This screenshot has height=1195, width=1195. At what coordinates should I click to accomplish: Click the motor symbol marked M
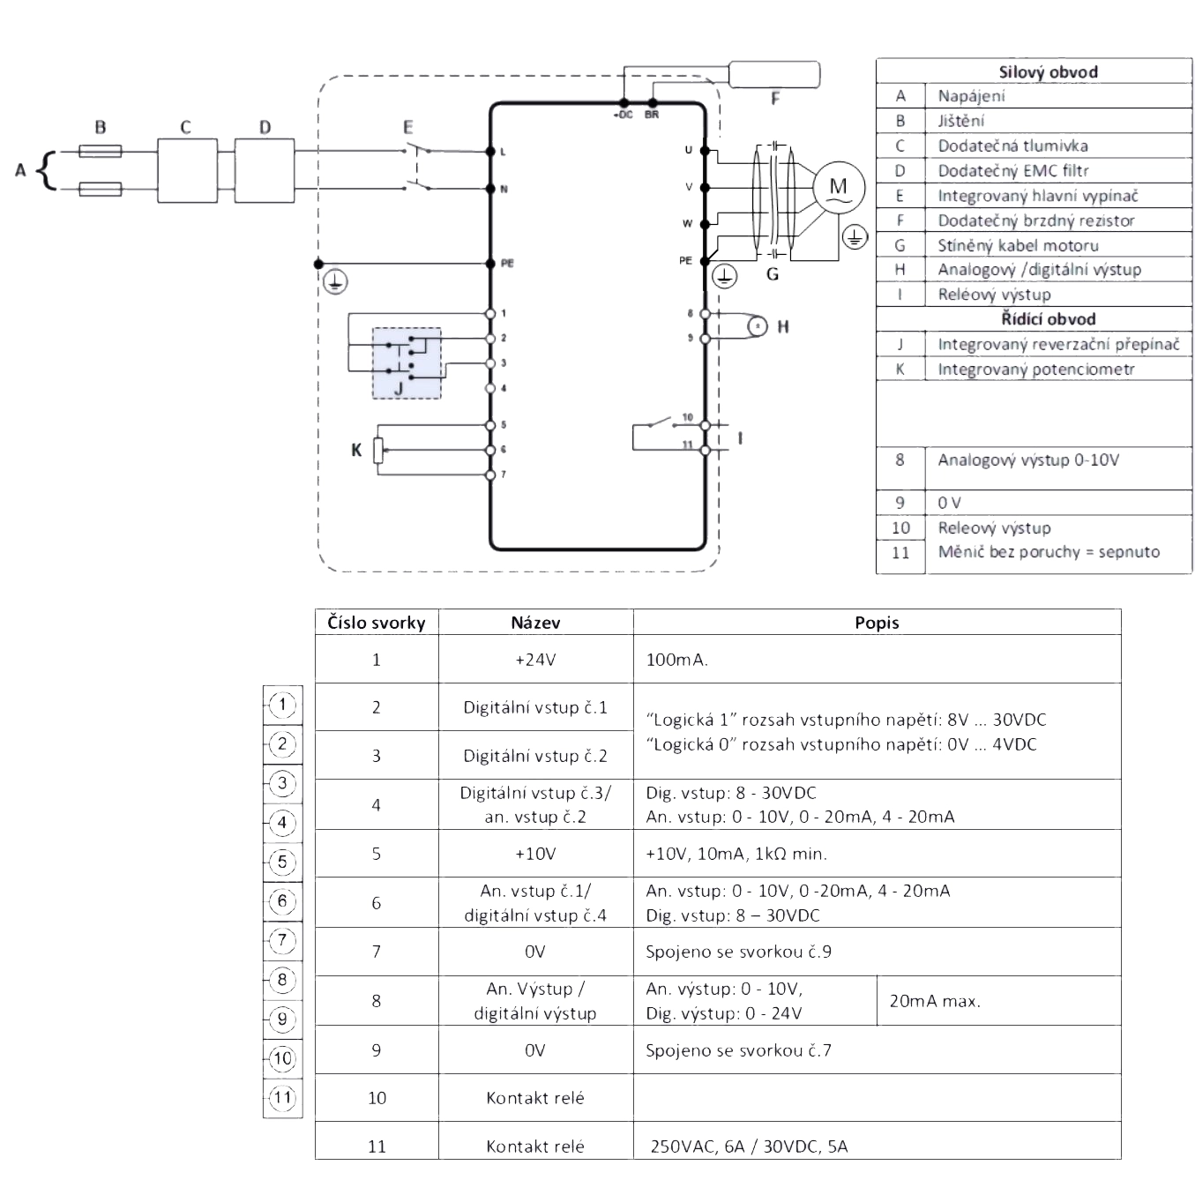click(x=839, y=187)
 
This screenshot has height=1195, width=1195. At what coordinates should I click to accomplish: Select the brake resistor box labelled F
click(x=774, y=74)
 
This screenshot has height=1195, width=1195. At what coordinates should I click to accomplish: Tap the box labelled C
click(x=187, y=170)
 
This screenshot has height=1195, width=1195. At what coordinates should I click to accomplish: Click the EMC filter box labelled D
click(x=265, y=170)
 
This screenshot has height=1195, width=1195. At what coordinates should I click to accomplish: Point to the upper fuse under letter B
click(x=101, y=151)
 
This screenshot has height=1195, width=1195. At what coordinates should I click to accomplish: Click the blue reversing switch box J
click(x=407, y=362)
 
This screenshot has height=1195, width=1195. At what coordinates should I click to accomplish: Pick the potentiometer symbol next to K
click(x=378, y=451)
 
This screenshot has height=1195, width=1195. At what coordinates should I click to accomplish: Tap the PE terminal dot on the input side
click(x=490, y=264)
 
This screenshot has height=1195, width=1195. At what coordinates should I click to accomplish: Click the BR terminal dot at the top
click(x=652, y=103)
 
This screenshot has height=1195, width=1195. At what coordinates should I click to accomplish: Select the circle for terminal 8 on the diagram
click(x=705, y=314)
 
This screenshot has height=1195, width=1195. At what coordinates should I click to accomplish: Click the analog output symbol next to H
click(x=758, y=326)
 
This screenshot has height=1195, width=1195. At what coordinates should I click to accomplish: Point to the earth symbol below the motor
click(x=855, y=237)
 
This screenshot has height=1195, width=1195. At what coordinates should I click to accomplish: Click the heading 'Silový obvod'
click(x=1048, y=72)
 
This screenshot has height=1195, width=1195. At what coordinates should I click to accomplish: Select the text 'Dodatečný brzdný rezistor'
click(x=1036, y=220)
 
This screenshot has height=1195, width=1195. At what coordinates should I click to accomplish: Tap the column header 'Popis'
click(x=877, y=623)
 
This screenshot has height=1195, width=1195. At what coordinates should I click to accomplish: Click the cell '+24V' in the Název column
click(x=536, y=659)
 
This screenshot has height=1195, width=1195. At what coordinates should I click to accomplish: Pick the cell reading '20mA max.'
click(x=935, y=1001)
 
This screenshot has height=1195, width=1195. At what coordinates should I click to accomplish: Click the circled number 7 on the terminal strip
click(x=283, y=940)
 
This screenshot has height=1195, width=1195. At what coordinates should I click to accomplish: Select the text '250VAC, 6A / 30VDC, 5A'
click(x=749, y=1146)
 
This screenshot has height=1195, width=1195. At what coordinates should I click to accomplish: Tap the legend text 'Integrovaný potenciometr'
click(x=1036, y=369)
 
